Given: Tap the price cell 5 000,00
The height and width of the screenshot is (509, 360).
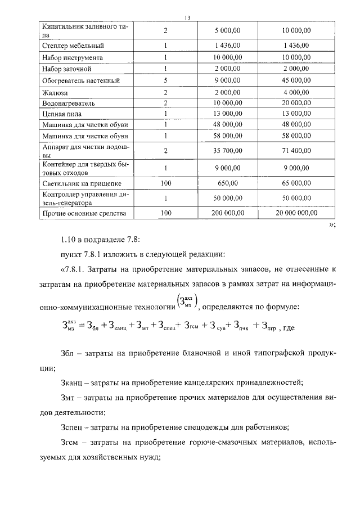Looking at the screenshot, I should pos(228,30).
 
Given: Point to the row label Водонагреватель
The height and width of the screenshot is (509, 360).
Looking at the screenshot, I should pos(68,103).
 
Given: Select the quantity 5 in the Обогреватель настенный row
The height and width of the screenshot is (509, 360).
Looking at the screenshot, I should pos(165,80).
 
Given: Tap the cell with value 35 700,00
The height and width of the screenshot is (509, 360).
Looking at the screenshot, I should pos(228,151).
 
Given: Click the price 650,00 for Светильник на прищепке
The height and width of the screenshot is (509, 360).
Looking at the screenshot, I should pos(228,183).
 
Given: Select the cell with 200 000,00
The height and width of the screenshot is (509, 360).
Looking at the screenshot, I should pos(228,213).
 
